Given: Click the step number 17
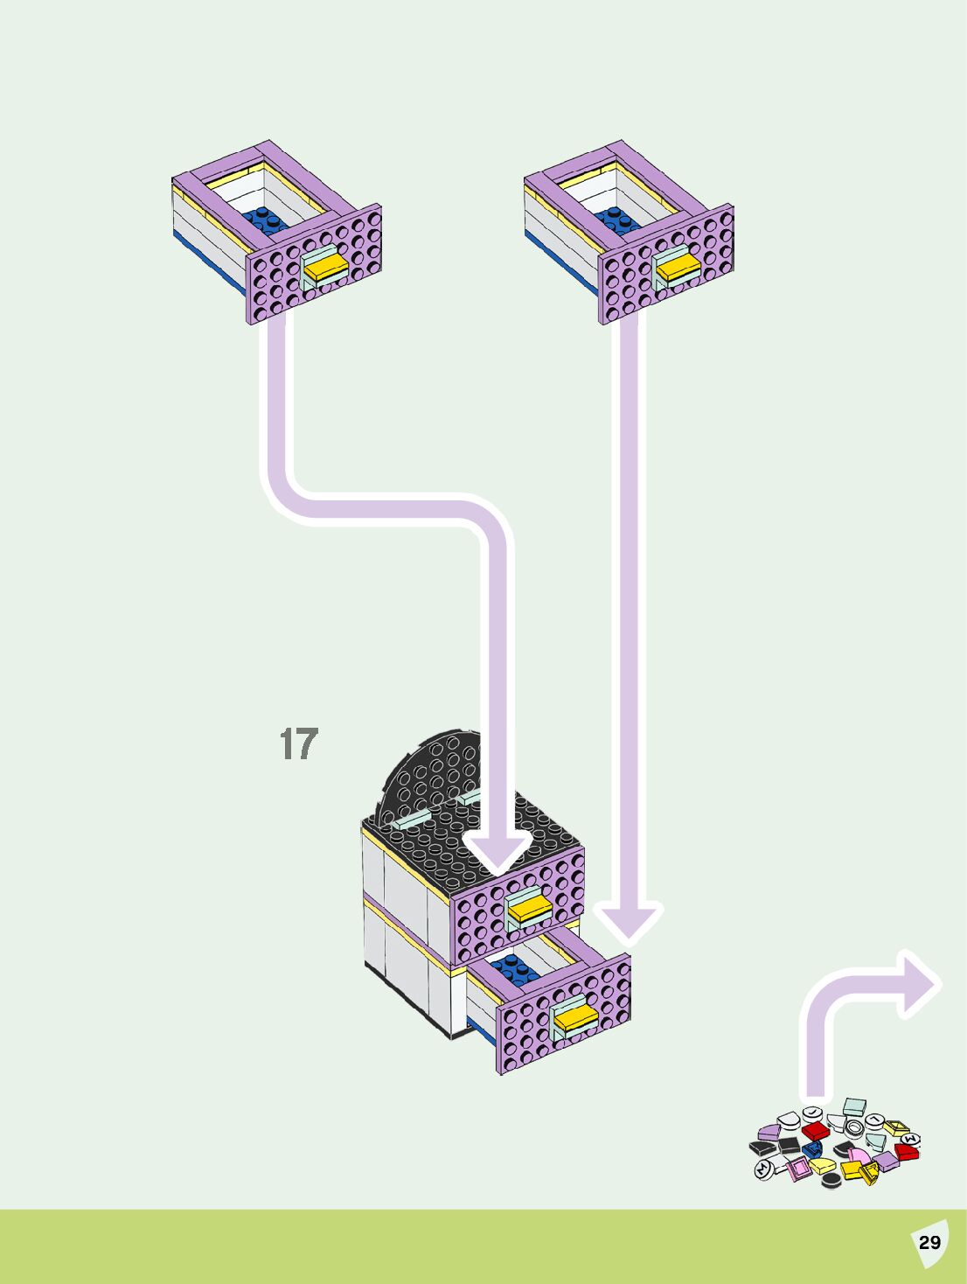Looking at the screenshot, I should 298,743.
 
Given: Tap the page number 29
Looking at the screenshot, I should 929,1242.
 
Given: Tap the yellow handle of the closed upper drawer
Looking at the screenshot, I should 528,911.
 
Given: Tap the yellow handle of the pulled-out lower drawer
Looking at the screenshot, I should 573,1017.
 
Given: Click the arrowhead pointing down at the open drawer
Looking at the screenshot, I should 629,922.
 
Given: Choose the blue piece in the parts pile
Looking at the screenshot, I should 814,1148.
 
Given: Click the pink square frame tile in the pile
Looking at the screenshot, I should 797,1169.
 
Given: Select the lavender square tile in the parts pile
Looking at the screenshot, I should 887,1162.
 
